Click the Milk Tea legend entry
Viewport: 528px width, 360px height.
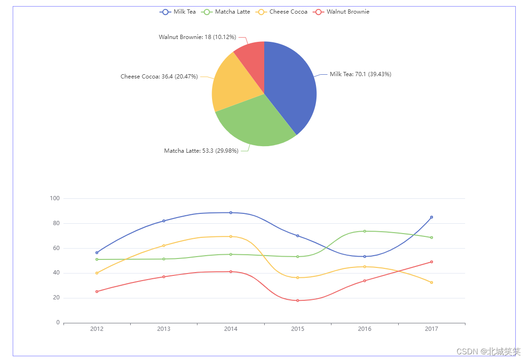[178, 12]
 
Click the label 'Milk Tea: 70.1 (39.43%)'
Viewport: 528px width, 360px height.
[360, 74]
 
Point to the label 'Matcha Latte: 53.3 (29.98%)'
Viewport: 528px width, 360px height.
[201, 151]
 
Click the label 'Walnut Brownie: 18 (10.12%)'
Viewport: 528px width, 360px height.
[197, 37]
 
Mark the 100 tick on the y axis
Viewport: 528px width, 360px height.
[55, 198]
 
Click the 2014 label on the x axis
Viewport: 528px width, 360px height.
[231, 329]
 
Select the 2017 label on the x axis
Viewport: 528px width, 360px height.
[431, 329]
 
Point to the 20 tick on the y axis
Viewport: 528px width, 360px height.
[56, 297]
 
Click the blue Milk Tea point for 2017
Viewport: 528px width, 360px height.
[431, 217]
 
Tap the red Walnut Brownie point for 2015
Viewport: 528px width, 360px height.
[298, 300]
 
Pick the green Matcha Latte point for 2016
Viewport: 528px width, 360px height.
[364, 231]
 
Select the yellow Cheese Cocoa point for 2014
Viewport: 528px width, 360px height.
[231, 236]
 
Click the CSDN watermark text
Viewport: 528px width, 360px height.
[489, 351]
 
